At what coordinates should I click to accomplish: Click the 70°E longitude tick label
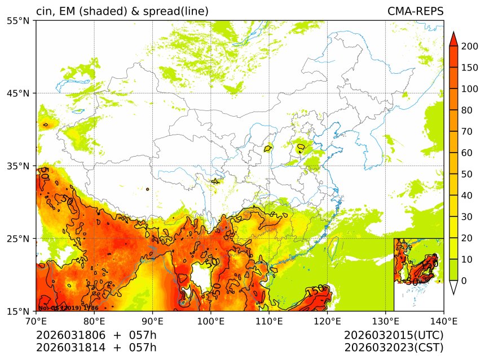tap(36, 321)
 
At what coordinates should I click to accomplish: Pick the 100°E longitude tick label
tap(210, 321)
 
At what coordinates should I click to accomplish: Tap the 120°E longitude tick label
tap(327, 321)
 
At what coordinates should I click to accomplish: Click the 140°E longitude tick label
tap(444, 321)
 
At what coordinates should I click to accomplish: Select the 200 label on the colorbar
tap(470, 47)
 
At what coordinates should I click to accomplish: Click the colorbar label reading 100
tap(470, 89)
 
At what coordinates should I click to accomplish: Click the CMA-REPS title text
tap(415, 11)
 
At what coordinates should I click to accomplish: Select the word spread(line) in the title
tap(175, 11)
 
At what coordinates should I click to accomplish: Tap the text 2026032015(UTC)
tap(394, 335)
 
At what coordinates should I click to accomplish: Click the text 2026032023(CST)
tap(394, 347)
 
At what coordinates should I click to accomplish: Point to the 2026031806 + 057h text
tap(96, 335)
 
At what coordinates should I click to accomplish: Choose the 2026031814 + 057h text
tap(96, 347)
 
